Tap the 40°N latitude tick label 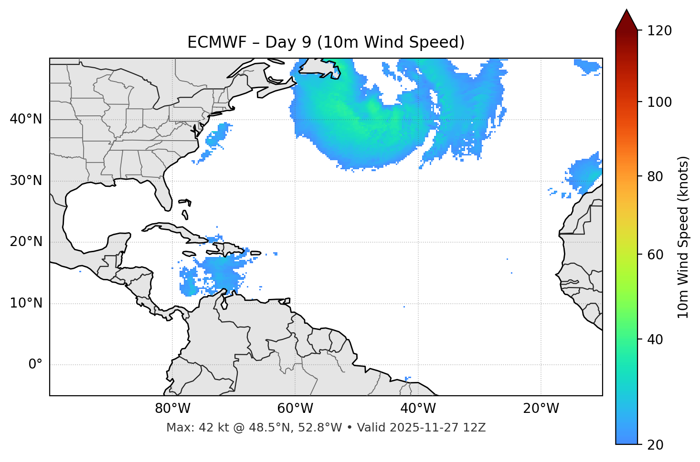pyautogui.click(x=26, y=119)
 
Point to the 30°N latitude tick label pyautogui.click(x=26, y=181)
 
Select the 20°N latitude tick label pyautogui.click(x=26, y=242)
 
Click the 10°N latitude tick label pyautogui.click(x=26, y=303)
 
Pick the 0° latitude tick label pyautogui.click(x=35, y=365)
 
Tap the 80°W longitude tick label pyautogui.click(x=172, y=409)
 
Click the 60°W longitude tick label pyautogui.click(x=295, y=409)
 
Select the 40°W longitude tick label pyautogui.click(x=418, y=409)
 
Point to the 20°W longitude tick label pyautogui.click(x=541, y=409)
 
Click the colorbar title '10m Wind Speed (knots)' pyautogui.click(x=683, y=237)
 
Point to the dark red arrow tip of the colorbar pyautogui.click(x=626, y=14)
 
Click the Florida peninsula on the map pyautogui.click(x=164, y=196)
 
